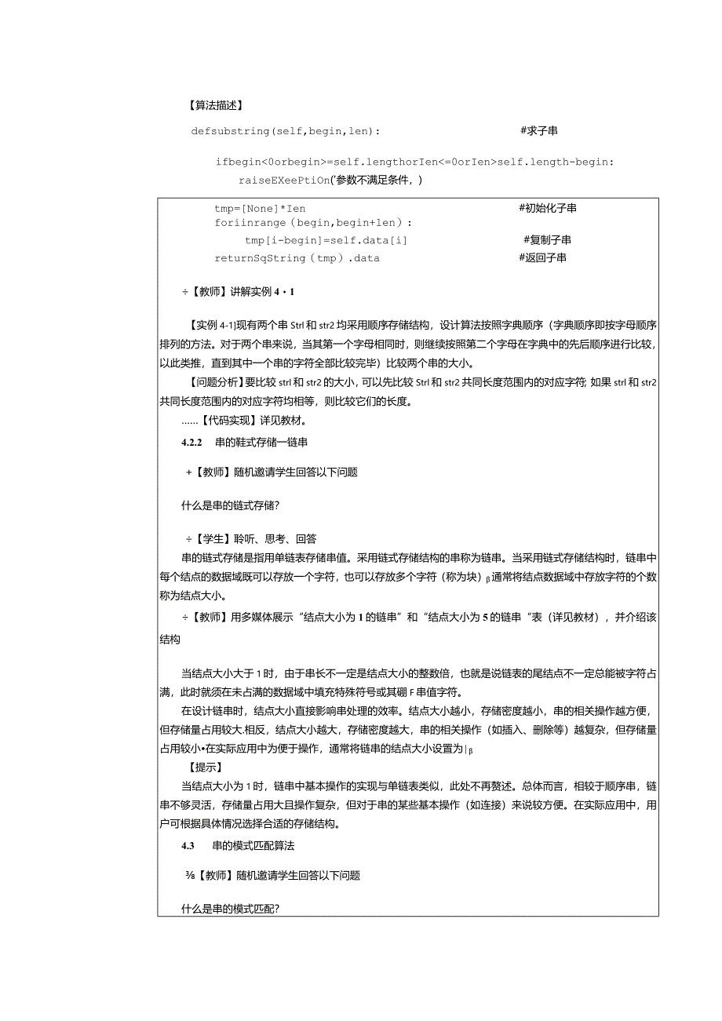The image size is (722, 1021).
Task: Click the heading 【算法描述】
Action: (216, 106)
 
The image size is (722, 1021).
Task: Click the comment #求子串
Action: (539, 130)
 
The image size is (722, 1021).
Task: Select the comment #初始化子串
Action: (548, 208)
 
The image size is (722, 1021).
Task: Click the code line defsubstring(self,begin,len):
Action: (286, 130)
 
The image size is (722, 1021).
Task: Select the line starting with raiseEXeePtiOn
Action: (331, 180)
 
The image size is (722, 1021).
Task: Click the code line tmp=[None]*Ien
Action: (260, 208)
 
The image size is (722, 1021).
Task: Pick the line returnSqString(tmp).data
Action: (297, 257)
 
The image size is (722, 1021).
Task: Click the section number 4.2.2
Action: (192, 442)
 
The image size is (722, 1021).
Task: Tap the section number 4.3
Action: (188, 846)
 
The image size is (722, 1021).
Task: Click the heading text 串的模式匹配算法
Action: (253, 846)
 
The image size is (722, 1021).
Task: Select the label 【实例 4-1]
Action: (212, 325)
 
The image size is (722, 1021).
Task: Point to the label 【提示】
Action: (206, 767)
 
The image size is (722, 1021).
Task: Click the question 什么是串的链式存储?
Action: (232, 506)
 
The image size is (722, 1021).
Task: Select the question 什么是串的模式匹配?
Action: (232, 910)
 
